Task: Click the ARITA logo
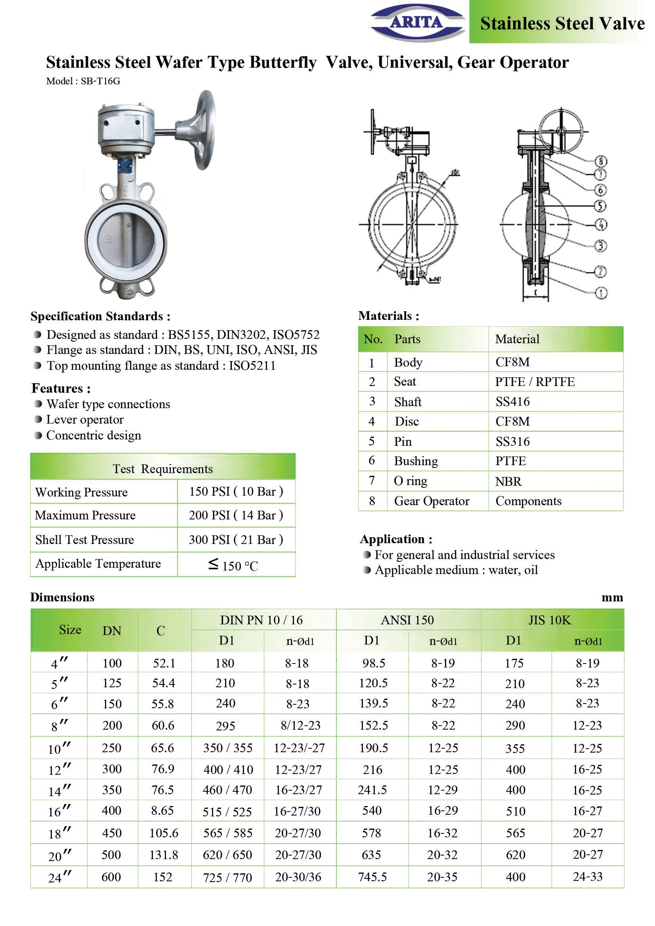[418, 22]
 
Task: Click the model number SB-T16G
[101, 81]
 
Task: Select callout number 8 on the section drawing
[601, 161]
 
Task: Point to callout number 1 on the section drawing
[601, 293]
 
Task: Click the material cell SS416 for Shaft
[512, 402]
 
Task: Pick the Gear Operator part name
[432, 501]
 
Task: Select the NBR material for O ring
[508, 481]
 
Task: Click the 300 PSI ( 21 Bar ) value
[236, 540]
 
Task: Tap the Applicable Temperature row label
[98, 563]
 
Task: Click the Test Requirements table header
[162, 469]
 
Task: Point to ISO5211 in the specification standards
[252, 365]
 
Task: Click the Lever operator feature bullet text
[85, 419]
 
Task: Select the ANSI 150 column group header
[407, 620]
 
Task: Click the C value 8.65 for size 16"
[162, 810]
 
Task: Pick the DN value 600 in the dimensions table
[111, 877]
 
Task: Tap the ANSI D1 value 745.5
[372, 877]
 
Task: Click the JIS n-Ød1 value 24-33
[587, 877]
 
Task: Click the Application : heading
[396, 539]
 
